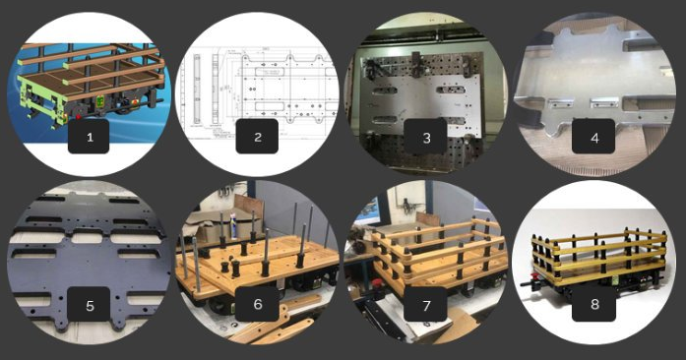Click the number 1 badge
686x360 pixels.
point(89,137)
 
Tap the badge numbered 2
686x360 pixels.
point(257,137)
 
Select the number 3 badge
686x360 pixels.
point(426,137)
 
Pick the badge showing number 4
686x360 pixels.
point(593,137)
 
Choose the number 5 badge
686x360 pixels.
point(90,305)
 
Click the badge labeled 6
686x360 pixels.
point(257,305)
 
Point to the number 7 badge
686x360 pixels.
point(426,305)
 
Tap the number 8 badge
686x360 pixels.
point(593,305)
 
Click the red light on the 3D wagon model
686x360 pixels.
point(79,117)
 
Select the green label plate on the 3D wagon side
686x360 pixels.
point(99,100)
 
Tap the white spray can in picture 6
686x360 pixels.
point(233,225)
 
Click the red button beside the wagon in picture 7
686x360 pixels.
point(375,282)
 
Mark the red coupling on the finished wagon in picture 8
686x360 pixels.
point(533,277)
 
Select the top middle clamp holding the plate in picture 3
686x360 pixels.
point(415,64)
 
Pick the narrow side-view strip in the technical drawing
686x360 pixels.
point(197,89)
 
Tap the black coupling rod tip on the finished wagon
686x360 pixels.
point(523,284)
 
